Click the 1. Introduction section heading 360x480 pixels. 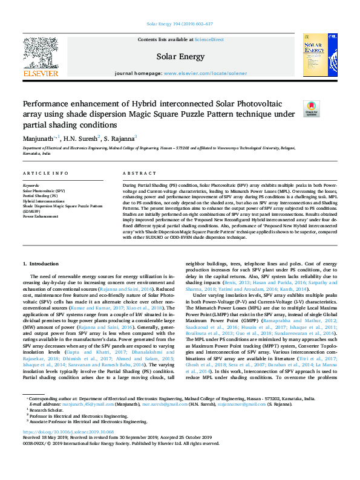(x=41, y=264)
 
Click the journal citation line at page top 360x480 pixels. (x=180, y=25)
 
